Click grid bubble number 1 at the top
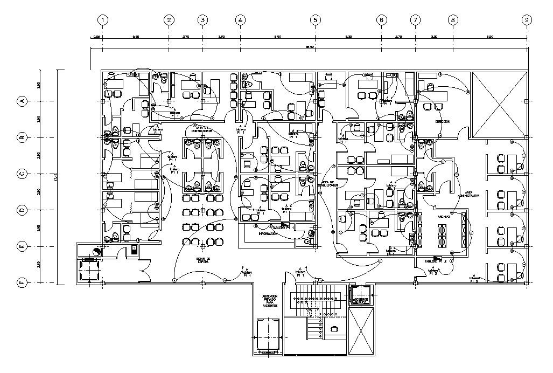click(102, 20)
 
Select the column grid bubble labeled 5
click(315, 20)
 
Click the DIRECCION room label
click(443, 122)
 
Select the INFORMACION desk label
click(271, 234)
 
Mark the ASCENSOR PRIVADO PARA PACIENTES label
click(270, 300)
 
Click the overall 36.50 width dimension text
click(310, 47)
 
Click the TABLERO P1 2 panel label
click(436, 261)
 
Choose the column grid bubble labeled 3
click(202, 20)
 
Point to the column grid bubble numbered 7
click(415, 20)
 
